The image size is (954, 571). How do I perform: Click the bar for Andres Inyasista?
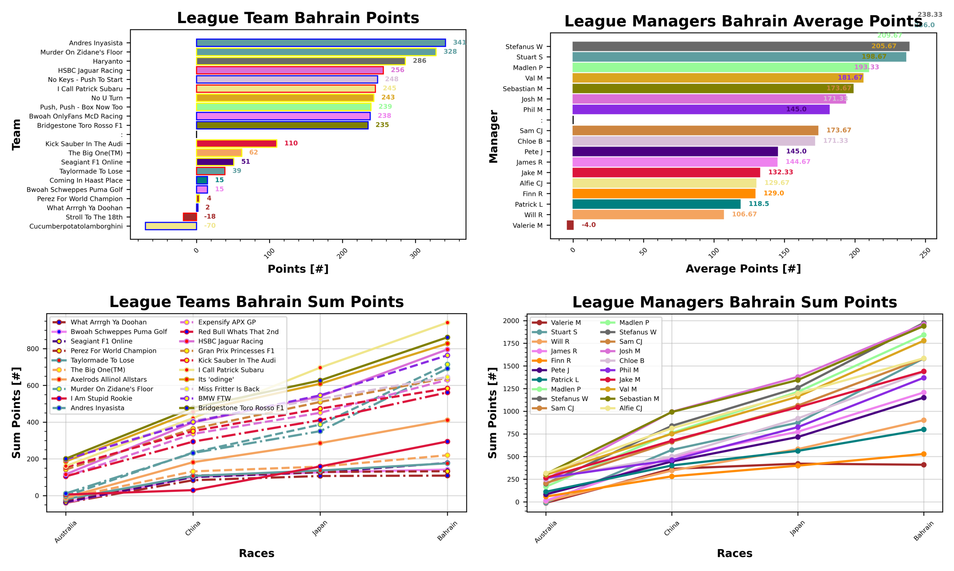point(321,43)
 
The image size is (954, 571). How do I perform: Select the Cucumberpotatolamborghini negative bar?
point(171,226)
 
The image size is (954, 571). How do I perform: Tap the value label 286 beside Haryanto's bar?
point(419,61)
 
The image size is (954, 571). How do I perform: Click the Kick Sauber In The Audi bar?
point(236,143)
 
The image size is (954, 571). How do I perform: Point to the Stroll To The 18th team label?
point(94,217)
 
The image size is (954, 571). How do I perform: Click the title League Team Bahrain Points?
point(298,18)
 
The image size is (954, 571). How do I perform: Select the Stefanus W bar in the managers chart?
point(740,46)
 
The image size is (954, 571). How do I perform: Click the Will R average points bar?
point(648,215)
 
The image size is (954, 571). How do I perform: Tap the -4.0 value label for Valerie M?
point(588,225)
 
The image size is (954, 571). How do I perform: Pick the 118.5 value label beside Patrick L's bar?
point(758,204)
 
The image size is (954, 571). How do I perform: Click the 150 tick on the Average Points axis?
point(784,253)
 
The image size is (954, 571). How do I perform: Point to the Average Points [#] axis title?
point(743,269)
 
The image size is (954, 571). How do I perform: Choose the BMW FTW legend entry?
point(214,398)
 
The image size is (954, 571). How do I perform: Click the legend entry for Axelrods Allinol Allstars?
point(108,379)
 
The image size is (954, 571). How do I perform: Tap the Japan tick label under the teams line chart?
point(320,528)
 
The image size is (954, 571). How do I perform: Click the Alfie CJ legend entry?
point(630,408)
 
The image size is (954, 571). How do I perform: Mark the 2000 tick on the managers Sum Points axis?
point(511,321)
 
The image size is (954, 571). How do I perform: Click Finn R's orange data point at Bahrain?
point(923,454)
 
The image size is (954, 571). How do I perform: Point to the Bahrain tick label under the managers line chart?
point(923,531)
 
